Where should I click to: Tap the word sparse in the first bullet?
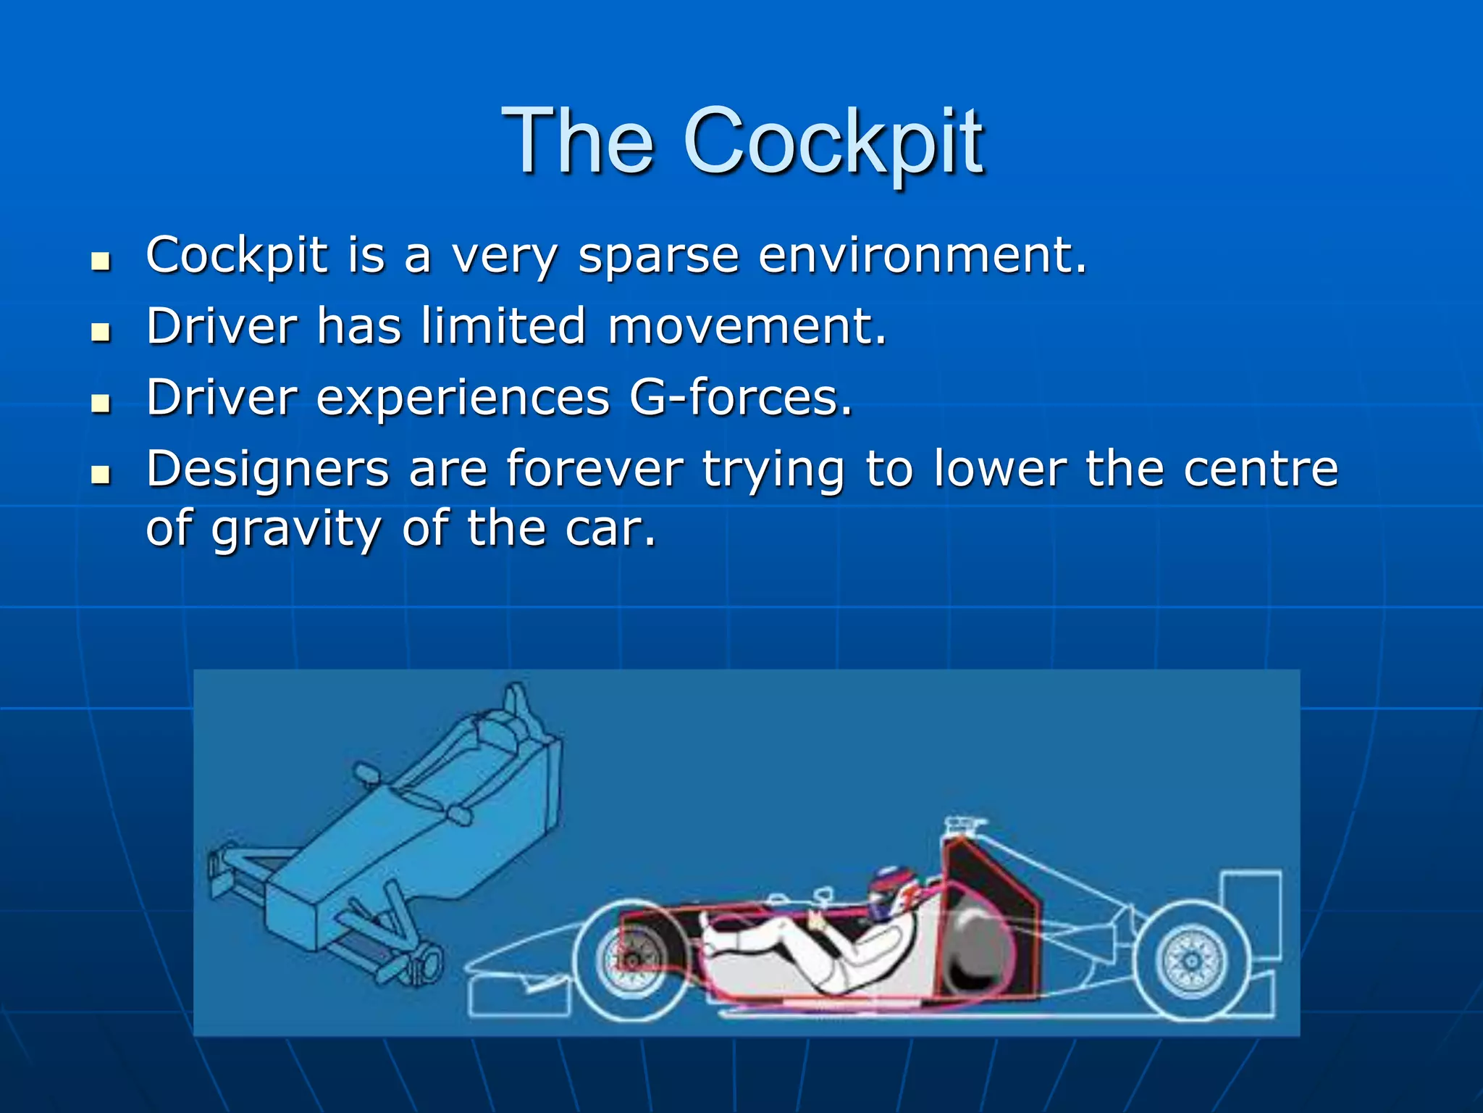658,257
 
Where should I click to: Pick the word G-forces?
741,398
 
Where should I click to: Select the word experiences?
463,398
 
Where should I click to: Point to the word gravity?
295,529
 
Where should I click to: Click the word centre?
1261,469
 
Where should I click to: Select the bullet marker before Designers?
101,475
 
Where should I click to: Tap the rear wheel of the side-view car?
1191,960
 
